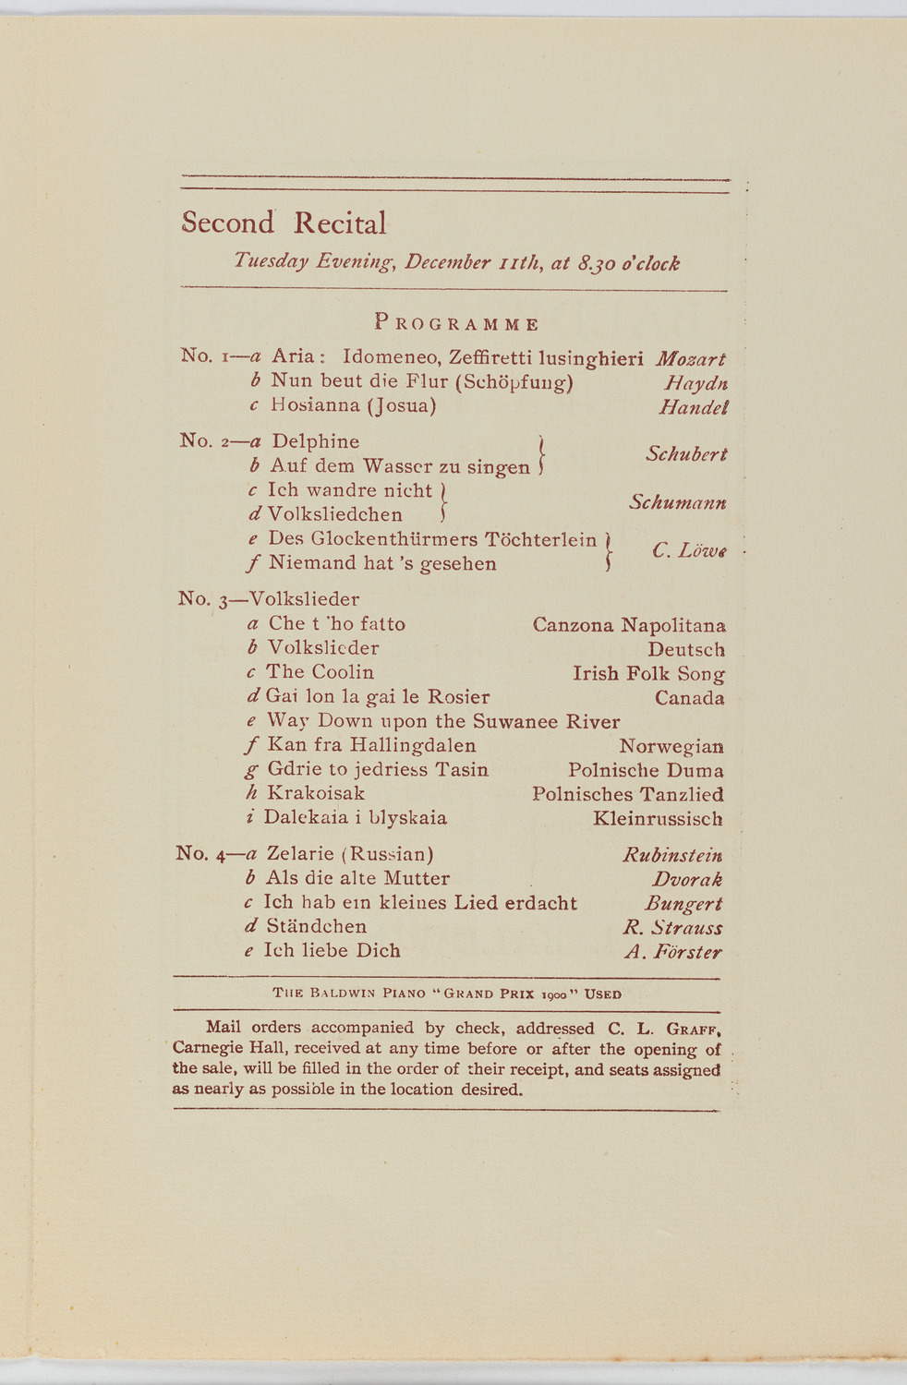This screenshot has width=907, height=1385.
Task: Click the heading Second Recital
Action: pos(284,223)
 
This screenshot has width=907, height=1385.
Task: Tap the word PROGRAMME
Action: pos(456,323)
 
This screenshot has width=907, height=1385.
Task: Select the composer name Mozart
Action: pos(690,358)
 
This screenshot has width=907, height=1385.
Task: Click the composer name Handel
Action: pos(693,406)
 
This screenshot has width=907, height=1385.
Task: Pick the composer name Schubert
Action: pos(686,453)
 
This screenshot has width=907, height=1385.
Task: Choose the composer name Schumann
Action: pos(677,502)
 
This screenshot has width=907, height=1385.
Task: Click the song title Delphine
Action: pos(315,441)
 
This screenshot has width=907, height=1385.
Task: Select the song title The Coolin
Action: pos(320,672)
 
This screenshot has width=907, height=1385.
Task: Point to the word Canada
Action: pos(689,698)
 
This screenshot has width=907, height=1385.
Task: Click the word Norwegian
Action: pos(671,746)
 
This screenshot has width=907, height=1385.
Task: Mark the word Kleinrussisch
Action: pos(658,818)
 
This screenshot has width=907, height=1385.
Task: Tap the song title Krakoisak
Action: pos(315,793)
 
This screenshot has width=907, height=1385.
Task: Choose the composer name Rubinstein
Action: pos(672,855)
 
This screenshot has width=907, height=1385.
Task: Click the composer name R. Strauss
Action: pos(672,927)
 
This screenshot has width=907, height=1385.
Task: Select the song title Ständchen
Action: pos(316,926)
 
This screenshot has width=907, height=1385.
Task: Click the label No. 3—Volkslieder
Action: pos(269,599)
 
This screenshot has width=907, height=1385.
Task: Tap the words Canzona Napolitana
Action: pos(629,625)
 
